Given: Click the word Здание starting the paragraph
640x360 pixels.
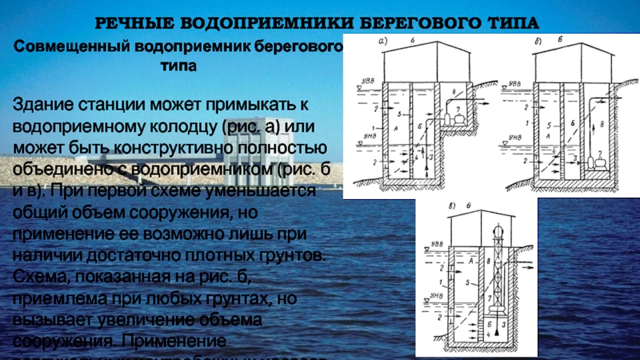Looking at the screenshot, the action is (39, 106).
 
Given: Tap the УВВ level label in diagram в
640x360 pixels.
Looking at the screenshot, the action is (434, 242).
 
